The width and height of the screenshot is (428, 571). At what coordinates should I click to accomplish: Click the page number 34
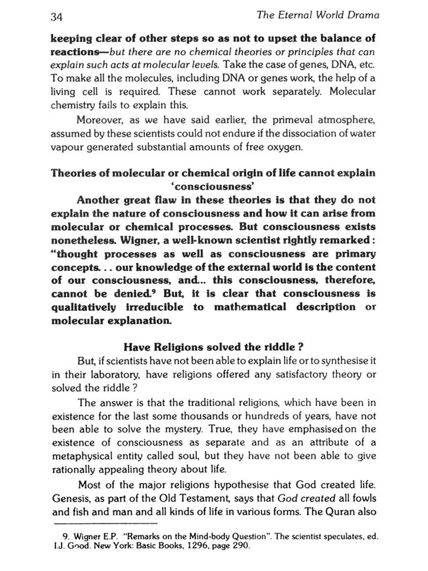[x=56, y=17]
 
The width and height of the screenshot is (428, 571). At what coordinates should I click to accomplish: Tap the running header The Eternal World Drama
[x=318, y=15]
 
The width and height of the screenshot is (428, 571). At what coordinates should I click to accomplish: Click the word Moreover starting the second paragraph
[x=100, y=120]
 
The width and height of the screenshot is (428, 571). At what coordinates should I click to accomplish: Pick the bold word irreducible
[x=155, y=307]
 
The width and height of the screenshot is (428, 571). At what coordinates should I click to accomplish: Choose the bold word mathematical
[x=250, y=307]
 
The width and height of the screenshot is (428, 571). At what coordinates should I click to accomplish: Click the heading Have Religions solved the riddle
[x=213, y=347]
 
